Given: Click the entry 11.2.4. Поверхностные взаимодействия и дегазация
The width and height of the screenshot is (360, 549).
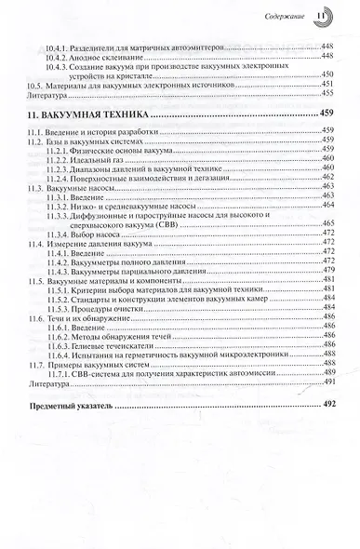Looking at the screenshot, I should [x=147, y=180].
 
